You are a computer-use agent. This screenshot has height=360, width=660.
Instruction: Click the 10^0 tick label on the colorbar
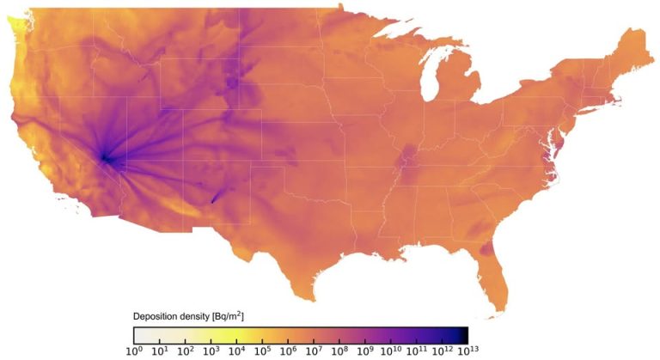point(133,351)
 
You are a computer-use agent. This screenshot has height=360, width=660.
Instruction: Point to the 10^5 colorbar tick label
point(262,351)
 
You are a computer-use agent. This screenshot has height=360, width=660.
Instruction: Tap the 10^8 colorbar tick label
point(339,351)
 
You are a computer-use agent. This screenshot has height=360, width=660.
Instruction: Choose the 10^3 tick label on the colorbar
point(211,351)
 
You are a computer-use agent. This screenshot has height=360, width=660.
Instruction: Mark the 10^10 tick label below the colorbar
point(391,351)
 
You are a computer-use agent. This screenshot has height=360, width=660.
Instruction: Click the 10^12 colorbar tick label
point(443,351)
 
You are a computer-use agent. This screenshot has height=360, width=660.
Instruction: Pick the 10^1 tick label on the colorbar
point(159,351)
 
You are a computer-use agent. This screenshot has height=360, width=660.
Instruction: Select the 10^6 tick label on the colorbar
point(288,351)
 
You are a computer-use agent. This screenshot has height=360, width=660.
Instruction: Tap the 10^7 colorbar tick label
point(314,351)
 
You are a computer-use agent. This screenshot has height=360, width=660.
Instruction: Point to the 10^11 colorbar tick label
point(418,351)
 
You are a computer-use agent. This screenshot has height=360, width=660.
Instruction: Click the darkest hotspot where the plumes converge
point(105,157)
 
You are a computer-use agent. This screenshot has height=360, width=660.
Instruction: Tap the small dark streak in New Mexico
point(214,197)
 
